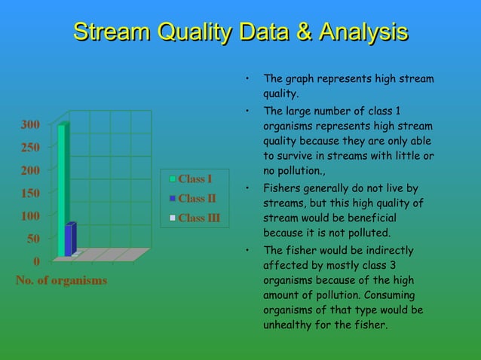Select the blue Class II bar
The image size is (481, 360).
(70, 239)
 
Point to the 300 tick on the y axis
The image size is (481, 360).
(30, 124)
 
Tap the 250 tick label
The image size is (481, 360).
(30, 148)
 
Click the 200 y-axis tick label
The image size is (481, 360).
(30, 170)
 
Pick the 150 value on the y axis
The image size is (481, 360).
(30, 193)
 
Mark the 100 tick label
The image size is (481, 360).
(30, 215)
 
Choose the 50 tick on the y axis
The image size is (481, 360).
(33, 239)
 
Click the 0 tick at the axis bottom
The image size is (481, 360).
(37, 261)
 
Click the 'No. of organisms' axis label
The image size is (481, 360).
(61, 280)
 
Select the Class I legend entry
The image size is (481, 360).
(195, 178)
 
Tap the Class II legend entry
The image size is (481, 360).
(197, 199)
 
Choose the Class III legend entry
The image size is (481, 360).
(199, 219)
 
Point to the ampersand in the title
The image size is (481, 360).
(302, 32)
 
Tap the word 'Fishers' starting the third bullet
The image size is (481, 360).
(280, 188)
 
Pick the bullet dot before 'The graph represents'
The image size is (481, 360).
(247, 79)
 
